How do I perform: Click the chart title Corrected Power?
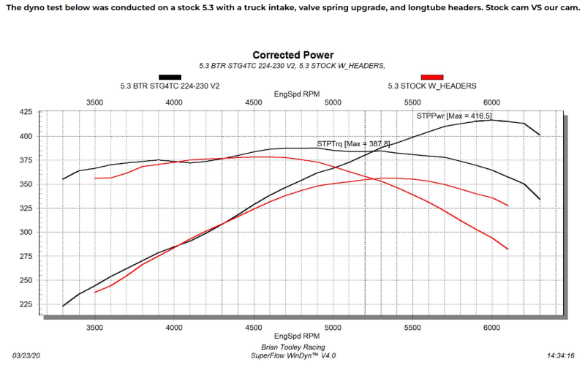pos(292,55)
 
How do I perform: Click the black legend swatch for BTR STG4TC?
pos(170,76)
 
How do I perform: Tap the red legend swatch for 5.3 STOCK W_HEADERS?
pos(433,76)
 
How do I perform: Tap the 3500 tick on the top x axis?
pos(94,102)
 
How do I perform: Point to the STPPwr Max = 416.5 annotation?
pos(453,116)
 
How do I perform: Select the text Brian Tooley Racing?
pos(292,347)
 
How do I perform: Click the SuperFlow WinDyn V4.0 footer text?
pos(292,355)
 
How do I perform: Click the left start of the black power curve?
pos(64,306)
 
